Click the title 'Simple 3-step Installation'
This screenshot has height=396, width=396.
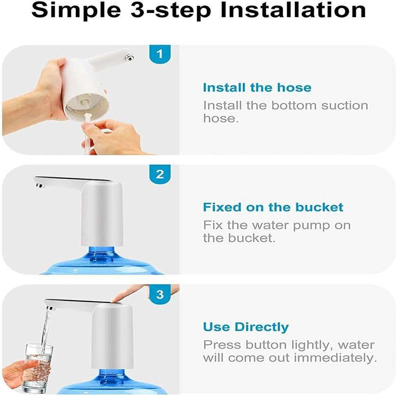coord(199,10)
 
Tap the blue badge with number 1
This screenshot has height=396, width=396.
coord(160,54)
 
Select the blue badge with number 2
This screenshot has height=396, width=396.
coord(160,174)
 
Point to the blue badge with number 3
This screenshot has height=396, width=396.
coord(160,295)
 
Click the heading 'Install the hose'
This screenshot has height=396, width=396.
coord(257,88)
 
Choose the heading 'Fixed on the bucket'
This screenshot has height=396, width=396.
coord(273,207)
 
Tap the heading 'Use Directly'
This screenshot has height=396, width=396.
coord(246,327)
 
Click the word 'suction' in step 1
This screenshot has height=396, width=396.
coord(345,106)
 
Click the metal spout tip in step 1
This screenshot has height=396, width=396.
coord(129,58)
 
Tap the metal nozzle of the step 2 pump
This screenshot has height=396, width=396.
coord(40,186)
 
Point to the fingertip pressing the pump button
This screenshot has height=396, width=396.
coord(117,300)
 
